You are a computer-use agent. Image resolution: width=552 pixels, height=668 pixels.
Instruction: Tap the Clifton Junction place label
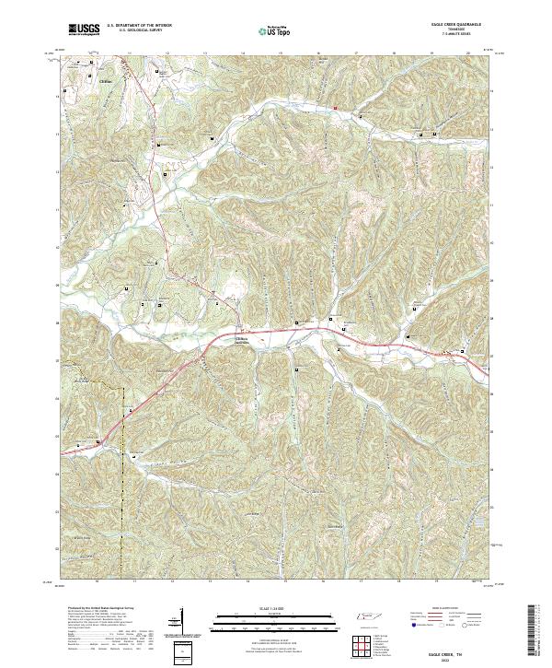(240, 339)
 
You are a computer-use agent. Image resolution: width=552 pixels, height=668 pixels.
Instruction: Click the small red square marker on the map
(337, 108)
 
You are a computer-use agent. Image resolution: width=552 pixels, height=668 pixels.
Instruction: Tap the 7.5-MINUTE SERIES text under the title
(448, 36)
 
